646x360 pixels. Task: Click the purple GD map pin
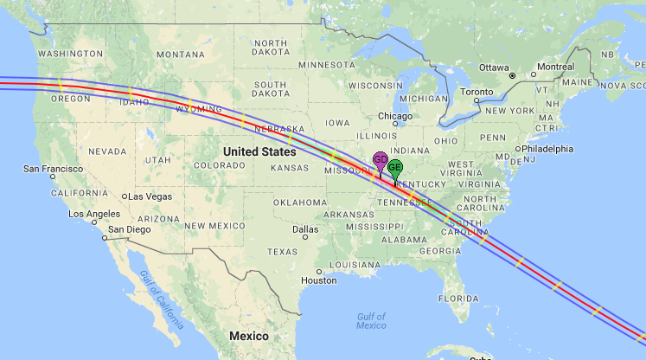[x=380, y=160]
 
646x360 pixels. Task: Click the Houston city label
[x=319, y=280]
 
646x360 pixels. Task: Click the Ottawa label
[x=495, y=67]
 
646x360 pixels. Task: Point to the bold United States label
[x=259, y=151]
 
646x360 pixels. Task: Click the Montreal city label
[x=555, y=67]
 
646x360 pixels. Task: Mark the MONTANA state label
[x=180, y=55]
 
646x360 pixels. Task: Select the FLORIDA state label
[x=458, y=299]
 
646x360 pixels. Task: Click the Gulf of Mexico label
[x=371, y=320]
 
